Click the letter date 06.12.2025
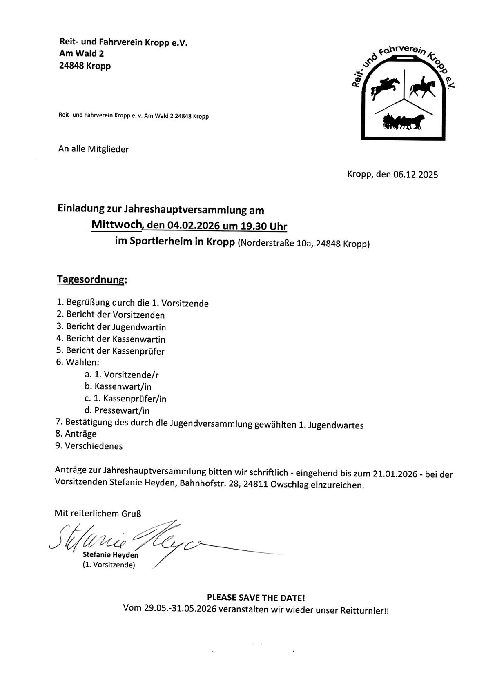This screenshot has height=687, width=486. [415, 175]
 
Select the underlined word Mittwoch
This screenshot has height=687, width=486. [116, 224]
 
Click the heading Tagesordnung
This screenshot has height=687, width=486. [91, 280]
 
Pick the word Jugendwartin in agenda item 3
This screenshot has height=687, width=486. [143, 327]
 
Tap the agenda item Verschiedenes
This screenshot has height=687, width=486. [94, 446]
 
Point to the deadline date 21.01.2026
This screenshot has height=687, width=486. [395, 474]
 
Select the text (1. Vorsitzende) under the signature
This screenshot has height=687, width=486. [108, 565]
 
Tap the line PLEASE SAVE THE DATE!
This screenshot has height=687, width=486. [256, 598]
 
